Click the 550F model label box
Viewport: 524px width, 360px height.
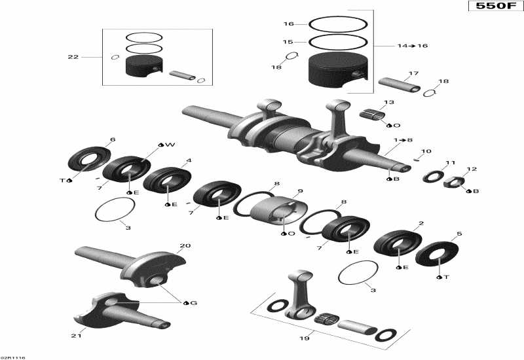[x=495, y=7]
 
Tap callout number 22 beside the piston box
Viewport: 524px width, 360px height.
[x=73, y=57]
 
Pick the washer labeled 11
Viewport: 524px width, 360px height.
[x=433, y=175]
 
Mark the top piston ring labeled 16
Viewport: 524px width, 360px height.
[x=339, y=24]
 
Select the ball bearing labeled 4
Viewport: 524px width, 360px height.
[x=168, y=179]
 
